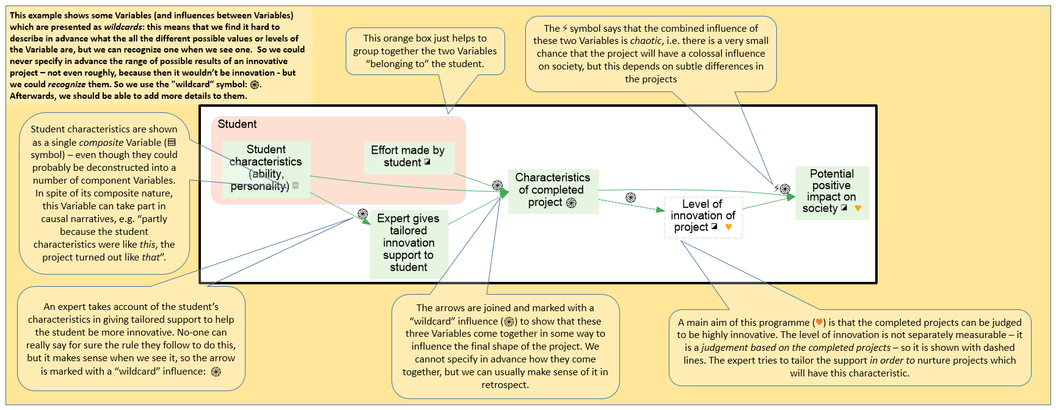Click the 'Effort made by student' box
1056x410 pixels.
coord(408,157)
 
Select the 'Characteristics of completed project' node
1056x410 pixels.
coord(553,190)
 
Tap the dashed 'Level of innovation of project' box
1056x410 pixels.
coord(702,216)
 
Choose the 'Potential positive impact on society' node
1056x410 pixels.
coord(831,192)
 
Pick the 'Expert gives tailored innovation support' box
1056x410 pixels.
coord(409,243)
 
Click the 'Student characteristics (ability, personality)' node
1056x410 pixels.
coord(266,168)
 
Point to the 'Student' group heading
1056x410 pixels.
coord(237,124)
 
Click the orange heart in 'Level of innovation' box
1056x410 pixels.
coord(728,227)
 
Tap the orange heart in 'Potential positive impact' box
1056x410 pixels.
coord(858,208)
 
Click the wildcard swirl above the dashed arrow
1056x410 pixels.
coord(631,198)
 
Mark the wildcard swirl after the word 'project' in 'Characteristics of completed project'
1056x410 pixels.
coord(571,203)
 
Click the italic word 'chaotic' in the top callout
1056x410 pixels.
coord(646,41)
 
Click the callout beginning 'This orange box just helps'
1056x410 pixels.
coord(425,51)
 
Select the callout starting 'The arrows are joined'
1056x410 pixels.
coord(505,346)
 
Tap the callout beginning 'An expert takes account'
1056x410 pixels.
coord(131,339)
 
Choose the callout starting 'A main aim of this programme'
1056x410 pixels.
coord(849,347)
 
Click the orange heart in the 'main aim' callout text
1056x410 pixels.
coord(819,323)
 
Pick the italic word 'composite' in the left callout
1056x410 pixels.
coord(101,142)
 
